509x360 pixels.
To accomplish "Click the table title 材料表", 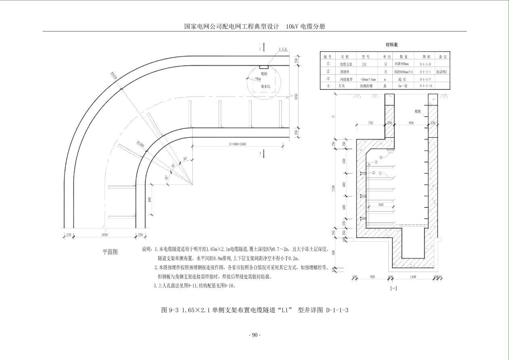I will point(391,45).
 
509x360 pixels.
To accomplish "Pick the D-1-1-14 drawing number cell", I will point(426,86).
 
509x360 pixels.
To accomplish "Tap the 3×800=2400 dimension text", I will point(237,144).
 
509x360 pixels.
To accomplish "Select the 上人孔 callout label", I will point(283,50).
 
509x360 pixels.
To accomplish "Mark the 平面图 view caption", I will point(110,252).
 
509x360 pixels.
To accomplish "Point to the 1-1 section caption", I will point(394,289).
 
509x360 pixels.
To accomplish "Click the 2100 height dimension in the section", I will point(334,188).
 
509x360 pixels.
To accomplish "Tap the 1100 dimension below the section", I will point(413,277).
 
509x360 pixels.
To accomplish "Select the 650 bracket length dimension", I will point(381,205).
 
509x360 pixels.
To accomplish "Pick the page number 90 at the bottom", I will point(255,335).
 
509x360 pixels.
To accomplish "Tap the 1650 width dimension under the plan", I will point(104,234).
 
